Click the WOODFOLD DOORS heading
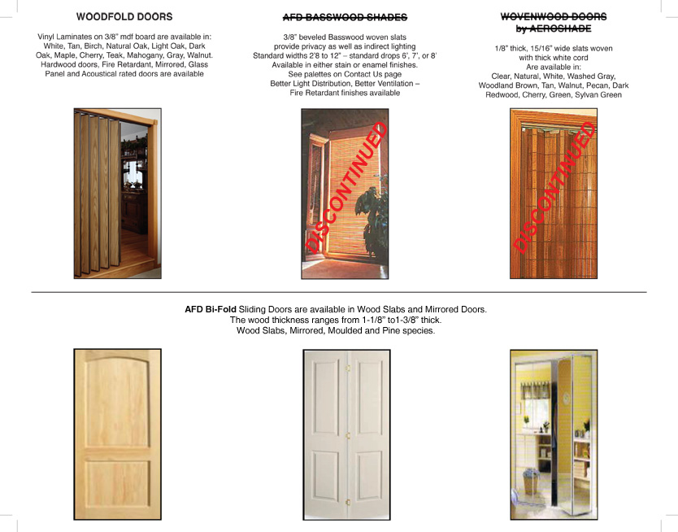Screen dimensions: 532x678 pyautogui.click(x=124, y=16)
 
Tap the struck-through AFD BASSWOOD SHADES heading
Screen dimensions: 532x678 pyautogui.click(x=345, y=17)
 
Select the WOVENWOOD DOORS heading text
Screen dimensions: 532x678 pyautogui.click(x=553, y=16)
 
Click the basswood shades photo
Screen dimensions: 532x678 pyautogui.click(x=345, y=194)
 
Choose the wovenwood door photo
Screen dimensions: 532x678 pyautogui.click(x=553, y=194)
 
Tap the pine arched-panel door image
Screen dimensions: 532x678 pyautogui.click(x=117, y=434)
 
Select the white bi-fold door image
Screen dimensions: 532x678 pyautogui.click(x=346, y=434)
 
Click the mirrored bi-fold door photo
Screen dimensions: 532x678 pyautogui.click(x=554, y=434)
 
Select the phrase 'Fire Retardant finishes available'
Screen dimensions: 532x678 pyautogui.click(x=345, y=93)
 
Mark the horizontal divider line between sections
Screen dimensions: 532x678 pyautogui.click(x=338, y=291)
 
